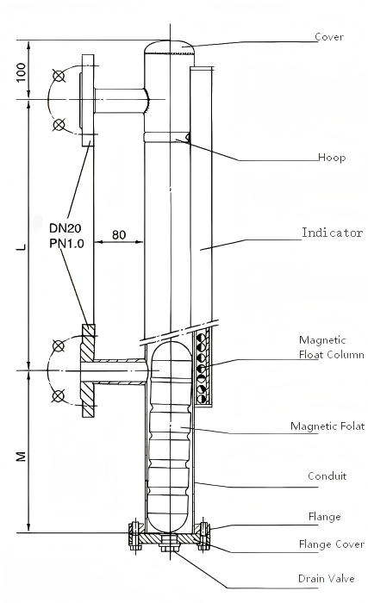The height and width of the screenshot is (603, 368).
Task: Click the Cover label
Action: tap(329, 37)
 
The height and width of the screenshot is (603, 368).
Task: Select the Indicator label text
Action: tap(332, 233)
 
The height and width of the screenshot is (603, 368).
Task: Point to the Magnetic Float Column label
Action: tap(332, 347)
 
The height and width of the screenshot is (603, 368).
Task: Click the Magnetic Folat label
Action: tap(327, 426)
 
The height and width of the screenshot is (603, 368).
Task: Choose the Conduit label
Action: tap(327, 476)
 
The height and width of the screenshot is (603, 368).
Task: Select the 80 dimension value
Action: tap(118, 234)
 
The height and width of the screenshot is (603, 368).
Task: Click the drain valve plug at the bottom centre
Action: tap(167, 543)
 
